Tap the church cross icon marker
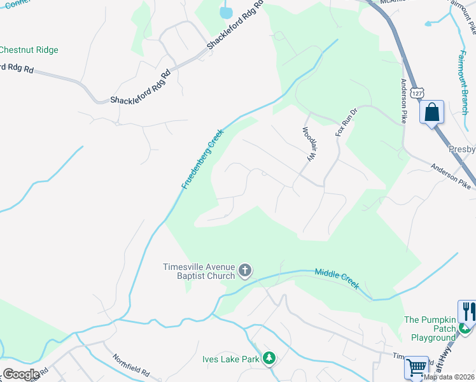(x=245, y=271)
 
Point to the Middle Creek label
(x=337, y=279)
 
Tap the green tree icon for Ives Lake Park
(x=270, y=359)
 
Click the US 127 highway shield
(x=416, y=93)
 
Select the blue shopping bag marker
(x=431, y=113)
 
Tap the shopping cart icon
(x=416, y=368)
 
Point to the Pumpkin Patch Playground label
(x=430, y=329)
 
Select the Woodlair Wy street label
(x=309, y=145)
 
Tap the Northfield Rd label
(x=131, y=365)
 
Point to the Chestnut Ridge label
(x=29, y=50)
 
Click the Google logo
(x=20, y=374)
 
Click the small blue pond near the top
(x=226, y=11)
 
